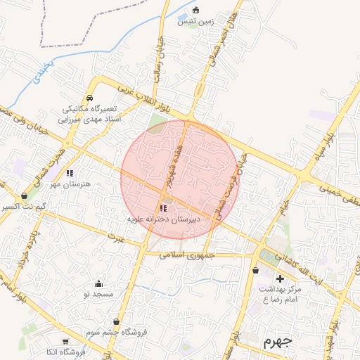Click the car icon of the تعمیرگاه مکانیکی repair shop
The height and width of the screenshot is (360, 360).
pyautogui.click(x=90, y=98)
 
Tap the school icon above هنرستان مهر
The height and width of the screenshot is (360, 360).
pyautogui.click(x=70, y=172)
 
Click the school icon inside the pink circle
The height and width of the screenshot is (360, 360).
pyautogui.click(x=164, y=208)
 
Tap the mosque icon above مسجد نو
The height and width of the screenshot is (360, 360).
pyautogui.click(x=98, y=283)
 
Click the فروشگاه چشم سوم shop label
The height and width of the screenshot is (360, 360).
pyautogui.click(x=114, y=331)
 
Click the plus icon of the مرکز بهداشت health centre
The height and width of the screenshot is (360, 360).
pyautogui.click(x=280, y=278)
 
